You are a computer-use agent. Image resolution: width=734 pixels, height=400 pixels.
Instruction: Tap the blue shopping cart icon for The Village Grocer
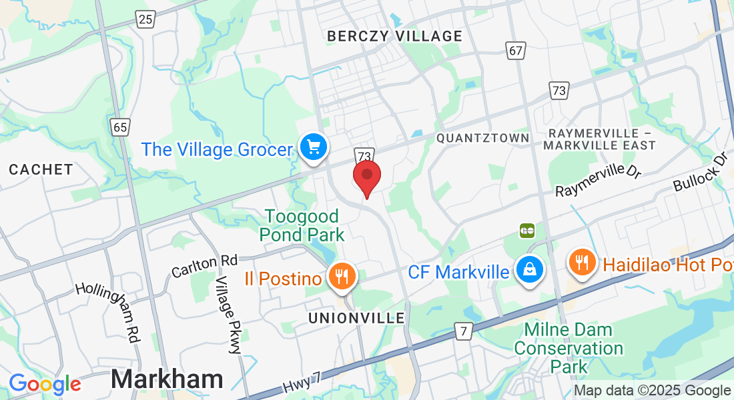[313, 147]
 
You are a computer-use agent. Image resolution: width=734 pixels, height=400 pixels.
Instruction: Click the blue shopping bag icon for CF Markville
[529, 270]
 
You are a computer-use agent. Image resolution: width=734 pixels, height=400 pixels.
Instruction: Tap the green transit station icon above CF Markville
[527, 231]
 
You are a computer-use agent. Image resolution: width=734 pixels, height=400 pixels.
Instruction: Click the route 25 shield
[145, 19]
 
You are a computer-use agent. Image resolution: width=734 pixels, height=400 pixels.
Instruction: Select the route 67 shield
[514, 51]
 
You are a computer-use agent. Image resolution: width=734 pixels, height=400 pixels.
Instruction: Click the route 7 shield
[462, 331]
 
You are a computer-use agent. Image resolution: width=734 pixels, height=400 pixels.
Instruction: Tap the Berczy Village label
[394, 36]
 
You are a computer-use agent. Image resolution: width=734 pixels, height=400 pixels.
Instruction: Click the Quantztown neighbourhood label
[482, 138]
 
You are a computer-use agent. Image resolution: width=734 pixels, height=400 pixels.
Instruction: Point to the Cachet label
[41, 170]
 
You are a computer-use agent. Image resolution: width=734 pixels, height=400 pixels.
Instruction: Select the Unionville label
[356, 318]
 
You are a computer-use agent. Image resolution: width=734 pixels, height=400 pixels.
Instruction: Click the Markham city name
[167, 379]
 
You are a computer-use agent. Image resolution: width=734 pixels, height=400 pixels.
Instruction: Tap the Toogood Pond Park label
[302, 225]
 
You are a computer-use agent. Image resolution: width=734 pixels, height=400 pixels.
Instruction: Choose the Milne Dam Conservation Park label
[569, 348]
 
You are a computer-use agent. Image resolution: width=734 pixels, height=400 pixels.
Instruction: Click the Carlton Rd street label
[204, 266]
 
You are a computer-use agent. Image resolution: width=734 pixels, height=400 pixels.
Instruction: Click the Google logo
[45, 384]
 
